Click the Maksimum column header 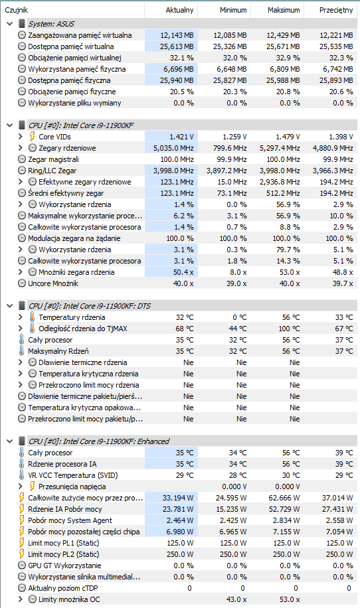(x=284, y=10)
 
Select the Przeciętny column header (x=336, y=10)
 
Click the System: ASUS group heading (x=51, y=24)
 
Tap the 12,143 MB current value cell (x=177, y=35)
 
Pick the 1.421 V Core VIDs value (x=181, y=137)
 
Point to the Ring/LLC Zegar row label (x=52, y=171)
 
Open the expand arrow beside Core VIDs (x=21, y=137)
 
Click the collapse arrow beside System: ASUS (x=10, y=24)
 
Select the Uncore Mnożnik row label (x=53, y=283)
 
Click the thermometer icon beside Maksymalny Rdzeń (x=22, y=351)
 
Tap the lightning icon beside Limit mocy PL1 (x=22, y=543)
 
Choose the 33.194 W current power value (x=178, y=498)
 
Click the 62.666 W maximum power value (x=284, y=498)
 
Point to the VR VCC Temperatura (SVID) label (x=73, y=475)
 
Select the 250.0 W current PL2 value (x=180, y=554)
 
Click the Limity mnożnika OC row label (x=69, y=599)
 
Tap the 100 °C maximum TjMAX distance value (x=291, y=329)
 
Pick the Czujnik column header (x=17, y=10)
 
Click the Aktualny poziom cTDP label (x=63, y=588)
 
